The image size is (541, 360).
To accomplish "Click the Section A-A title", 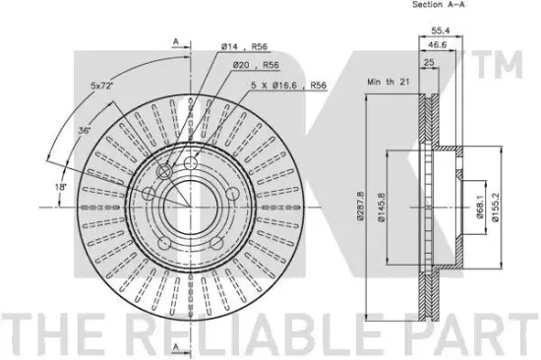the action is pyautogui.click(x=438, y=5).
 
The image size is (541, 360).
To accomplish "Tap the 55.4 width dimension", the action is pyautogui.click(x=441, y=30).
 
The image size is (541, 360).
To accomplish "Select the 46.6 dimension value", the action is pyautogui.click(x=437, y=45).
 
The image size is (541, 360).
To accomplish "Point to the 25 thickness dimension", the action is pyautogui.click(x=429, y=63).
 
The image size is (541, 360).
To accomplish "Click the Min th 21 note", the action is pyautogui.click(x=389, y=82).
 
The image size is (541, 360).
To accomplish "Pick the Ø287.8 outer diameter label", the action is pyautogui.click(x=361, y=205).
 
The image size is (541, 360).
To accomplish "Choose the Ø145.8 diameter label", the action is pyautogui.click(x=381, y=207).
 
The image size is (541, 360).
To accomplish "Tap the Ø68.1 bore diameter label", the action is pyautogui.click(x=480, y=206).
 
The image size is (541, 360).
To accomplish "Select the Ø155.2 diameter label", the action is pyautogui.click(x=496, y=208).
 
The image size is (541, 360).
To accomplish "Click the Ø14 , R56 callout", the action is pyautogui.click(x=244, y=46).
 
